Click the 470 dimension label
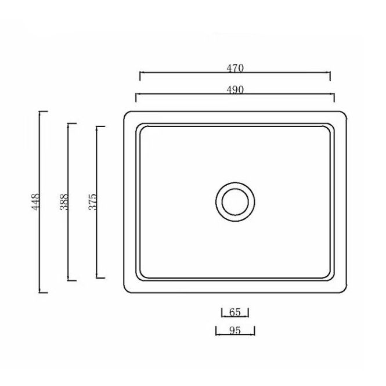(235, 68)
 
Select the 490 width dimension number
(235, 89)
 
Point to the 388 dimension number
(64, 201)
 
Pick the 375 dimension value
(92, 201)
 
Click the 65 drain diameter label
(235, 312)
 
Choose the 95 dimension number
(235, 331)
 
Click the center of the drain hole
(235, 201)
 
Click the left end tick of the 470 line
(140, 76)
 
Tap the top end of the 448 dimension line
(39, 111)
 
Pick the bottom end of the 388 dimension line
(68, 280)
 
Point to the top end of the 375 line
(97, 127)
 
